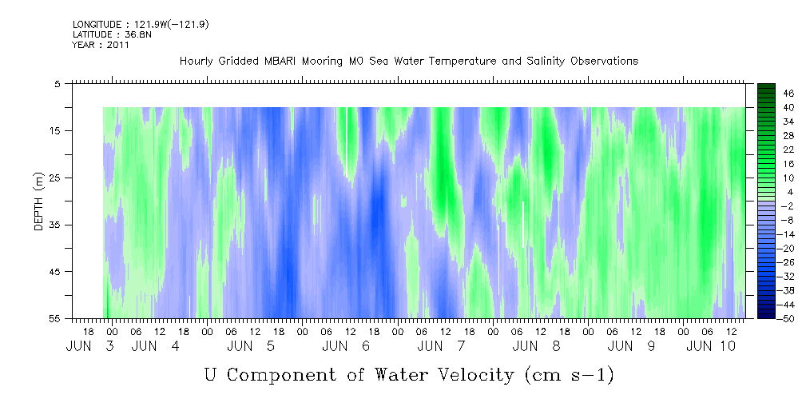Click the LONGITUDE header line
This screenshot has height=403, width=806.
(x=141, y=25)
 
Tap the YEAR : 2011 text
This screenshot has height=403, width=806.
(x=101, y=45)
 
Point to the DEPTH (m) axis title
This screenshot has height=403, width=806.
(x=38, y=201)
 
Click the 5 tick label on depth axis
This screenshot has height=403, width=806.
(x=57, y=84)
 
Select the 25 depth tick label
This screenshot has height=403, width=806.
(x=54, y=178)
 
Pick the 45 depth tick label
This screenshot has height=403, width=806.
(x=54, y=272)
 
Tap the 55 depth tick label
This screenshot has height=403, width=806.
(x=54, y=318)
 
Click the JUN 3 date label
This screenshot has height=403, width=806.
(x=90, y=346)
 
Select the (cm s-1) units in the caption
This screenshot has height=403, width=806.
(x=570, y=375)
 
